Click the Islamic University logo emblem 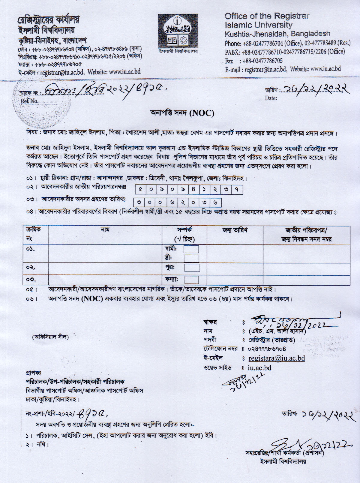(x=178, y=31)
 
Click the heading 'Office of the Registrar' (x=267, y=16)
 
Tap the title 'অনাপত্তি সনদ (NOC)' (x=182, y=113)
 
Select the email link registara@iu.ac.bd (x=277, y=358)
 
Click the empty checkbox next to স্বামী (x=191, y=249)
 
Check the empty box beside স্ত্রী (x=191, y=258)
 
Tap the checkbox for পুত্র (x=192, y=268)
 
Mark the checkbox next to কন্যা (x=191, y=280)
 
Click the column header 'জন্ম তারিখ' (x=235, y=230)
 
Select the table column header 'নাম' (x=105, y=230)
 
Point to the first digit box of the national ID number (x=141, y=190)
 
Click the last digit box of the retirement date (x=215, y=202)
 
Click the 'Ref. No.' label (x=29, y=101)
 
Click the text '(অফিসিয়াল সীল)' (x=50, y=337)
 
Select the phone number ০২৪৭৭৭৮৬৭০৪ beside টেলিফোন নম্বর (x=267, y=349)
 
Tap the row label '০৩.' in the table (x=31, y=279)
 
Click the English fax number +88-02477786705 (x=262, y=61)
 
